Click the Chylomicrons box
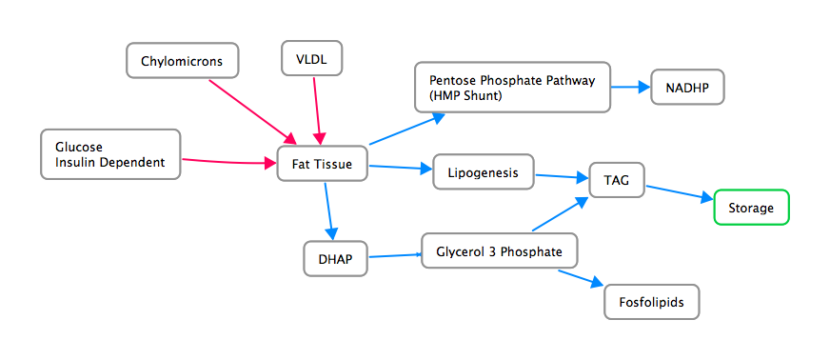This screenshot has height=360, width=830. click(182, 62)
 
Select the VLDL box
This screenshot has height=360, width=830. click(311, 59)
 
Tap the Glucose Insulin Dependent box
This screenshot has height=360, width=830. click(110, 154)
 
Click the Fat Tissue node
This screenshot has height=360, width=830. click(322, 165)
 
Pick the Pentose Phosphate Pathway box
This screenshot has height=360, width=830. click(512, 88)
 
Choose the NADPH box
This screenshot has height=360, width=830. click(687, 88)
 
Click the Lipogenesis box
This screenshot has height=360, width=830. click(483, 172)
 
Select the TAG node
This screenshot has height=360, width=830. click(617, 179)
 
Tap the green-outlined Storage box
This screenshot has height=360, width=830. click(751, 207)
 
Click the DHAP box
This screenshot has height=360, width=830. click(335, 258)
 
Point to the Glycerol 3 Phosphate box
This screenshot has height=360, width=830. click(500, 252)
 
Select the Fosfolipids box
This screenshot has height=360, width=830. click(652, 302)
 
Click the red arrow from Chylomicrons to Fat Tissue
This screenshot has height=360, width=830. click(251, 109)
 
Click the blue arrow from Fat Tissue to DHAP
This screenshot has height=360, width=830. click(328, 210)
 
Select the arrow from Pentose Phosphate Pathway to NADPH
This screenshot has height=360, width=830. click(628, 88)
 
